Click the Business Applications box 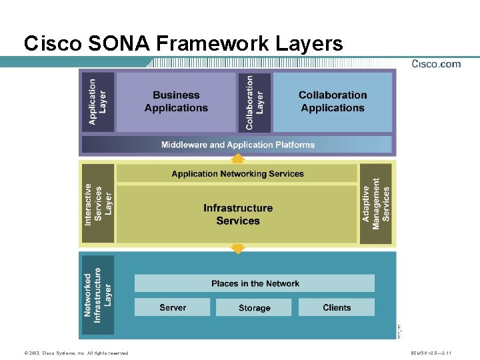tap(176, 102)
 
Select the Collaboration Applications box tap(333, 102)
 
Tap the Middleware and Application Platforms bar tap(237, 145)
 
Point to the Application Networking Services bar tap(237, 174)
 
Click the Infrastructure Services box tap(237, 215)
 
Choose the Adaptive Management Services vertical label tap(376, 204)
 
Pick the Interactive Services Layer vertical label tap(98, 204)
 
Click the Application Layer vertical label tap(98, 102)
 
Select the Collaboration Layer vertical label tap(255, 102)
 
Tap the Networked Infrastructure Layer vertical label tap(98, 295)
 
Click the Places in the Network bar tap(255, 283)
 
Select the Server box tap(173, 307)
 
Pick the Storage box tap(255, 307)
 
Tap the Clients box tap(337, 307)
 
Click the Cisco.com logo tap(436, 64)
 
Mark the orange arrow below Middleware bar tap(237, 158)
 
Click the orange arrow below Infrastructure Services tap(237, 249)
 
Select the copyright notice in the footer tap(75, 353)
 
